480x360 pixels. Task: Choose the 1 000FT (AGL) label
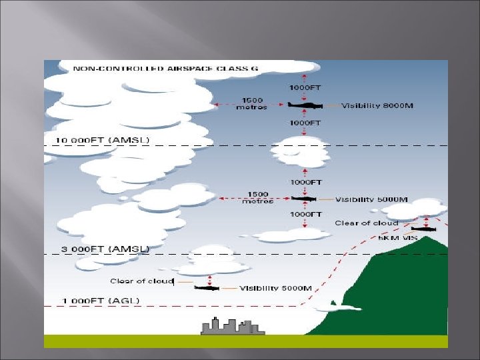pos(101,301)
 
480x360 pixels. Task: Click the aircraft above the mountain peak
pos(423,229)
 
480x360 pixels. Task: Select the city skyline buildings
pos(231,326)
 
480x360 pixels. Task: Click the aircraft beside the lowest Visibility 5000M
pos(207,288)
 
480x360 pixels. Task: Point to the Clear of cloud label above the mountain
pos(367,223)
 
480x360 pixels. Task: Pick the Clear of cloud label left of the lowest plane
pos(141,281)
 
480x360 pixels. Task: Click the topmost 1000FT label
pos(306,87)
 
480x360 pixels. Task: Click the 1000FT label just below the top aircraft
pos(306,123)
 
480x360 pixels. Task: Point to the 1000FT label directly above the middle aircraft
pos(306,182)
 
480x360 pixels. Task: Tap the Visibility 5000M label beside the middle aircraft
pos(371,199)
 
